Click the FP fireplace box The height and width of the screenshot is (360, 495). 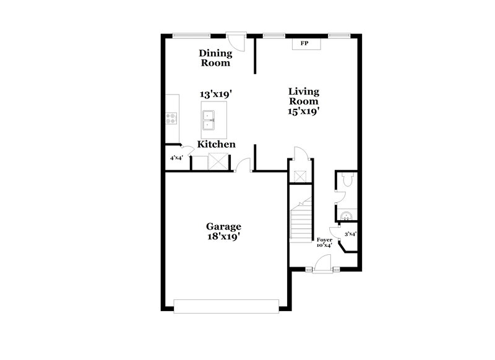[304, 44]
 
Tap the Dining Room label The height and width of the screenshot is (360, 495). [215, 58]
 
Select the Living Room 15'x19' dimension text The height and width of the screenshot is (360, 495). [304, 112]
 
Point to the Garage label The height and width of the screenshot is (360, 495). [223, 226]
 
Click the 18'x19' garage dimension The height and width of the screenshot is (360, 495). [223, 236]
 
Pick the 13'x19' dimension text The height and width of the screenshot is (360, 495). [215, 95]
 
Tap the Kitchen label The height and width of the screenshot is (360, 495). [216, 144]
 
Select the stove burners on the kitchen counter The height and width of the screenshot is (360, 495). [171, 118]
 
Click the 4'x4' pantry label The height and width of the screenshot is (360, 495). [176, 158]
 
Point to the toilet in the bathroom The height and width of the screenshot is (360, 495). [346, 180]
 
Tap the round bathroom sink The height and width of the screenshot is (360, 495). [347, 215]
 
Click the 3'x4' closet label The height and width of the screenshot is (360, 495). [351, 234]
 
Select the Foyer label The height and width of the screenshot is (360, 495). [324, 239]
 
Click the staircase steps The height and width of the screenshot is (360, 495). [301, 220]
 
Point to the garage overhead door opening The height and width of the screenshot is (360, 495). [226, 306]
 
